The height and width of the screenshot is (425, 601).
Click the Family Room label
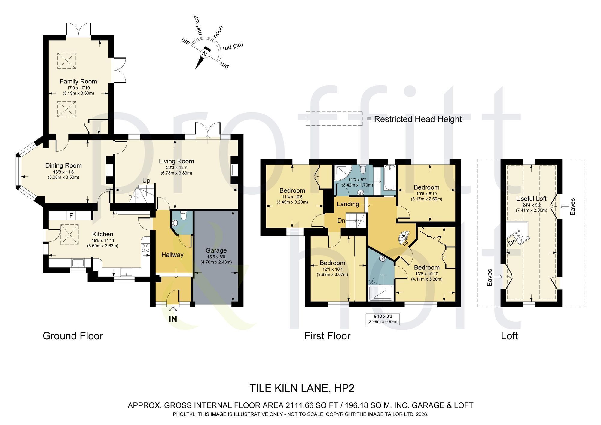pyautogui.click(x=78, y=81)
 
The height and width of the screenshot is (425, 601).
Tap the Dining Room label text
pyautogui.click(x=63, y=165)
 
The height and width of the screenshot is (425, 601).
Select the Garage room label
pyautogui.click(x=216, y=250)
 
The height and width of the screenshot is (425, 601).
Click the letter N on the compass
pyautogui.click(x=205, y=54)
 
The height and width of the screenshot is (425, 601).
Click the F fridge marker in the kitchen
pyautogui.click(x=71, y=215)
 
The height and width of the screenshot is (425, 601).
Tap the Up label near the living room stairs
pyautogui.click(x=146, y=181)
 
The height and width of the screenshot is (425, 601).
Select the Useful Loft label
pyautogui.click(x=531, y=199)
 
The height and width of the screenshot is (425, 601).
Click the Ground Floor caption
pyautogui.click(x=73, y=336)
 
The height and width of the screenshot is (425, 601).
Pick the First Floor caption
pyautogui.click(x=327, y=336)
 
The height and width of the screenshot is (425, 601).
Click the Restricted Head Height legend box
pyautogui.click(x=334, y=119)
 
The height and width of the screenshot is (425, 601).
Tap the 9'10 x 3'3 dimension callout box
pyautogui.click(x=383, y=319)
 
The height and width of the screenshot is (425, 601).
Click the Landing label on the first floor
pyautogui.click(x=348, y=204)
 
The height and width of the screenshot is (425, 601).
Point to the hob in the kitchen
pyautogui.click(x=146, y=248)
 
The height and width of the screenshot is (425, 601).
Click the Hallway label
pyautogui.click(x=172, y=255)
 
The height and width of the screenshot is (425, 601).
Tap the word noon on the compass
pyautogui.click(x=218, y=32)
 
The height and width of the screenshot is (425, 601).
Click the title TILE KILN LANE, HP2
pyautogui.click(x=302, y=388)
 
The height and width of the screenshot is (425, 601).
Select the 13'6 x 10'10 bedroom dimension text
pyautogui.click(x=427, y=274)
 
